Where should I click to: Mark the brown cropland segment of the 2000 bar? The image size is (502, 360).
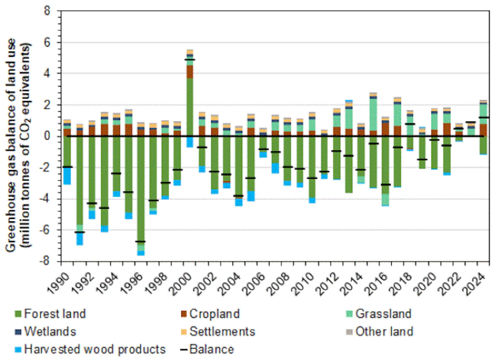coord(189,72)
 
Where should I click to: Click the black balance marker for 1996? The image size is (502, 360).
coord(141,241)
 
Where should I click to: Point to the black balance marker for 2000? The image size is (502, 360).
coord(189,60)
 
